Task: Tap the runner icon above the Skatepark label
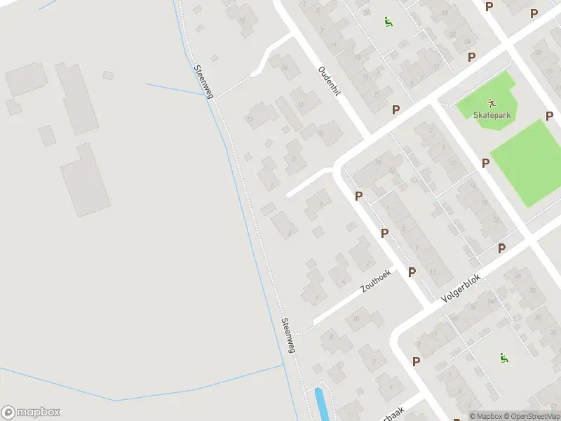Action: (x=492, y=102)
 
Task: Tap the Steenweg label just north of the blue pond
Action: (x=288, y=335)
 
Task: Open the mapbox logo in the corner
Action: (x=31, y=413)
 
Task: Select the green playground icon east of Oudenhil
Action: (x=388, y=22)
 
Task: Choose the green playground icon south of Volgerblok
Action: (x=503, y=359)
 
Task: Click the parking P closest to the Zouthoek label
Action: (x=412, y=272)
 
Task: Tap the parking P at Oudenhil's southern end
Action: (x=396, y=109)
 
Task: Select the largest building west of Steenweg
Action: (x=84, y=180)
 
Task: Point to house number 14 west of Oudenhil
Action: (x=285, y=67)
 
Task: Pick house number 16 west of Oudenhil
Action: (x=301, y=105)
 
